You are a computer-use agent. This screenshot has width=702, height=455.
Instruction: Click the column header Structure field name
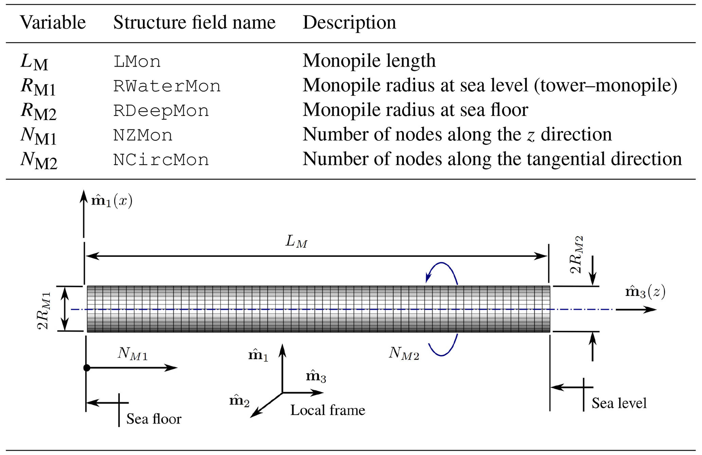(194, 23)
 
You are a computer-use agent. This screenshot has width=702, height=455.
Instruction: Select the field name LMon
(137, 62)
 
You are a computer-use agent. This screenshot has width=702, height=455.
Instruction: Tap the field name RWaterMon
(167, 86)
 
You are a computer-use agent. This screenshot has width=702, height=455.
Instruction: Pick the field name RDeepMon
(161, 111)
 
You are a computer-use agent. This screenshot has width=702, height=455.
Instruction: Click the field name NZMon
(143, 135)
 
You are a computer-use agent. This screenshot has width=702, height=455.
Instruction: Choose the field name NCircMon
(161, 160)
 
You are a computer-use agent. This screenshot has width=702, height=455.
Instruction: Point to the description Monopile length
(369, 61)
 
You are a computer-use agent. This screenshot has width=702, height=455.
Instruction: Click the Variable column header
(53, 23)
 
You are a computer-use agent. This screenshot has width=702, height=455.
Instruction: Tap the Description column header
(349, 23)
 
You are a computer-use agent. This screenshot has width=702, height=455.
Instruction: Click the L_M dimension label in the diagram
(296, 242)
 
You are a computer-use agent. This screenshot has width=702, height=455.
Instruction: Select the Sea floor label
(154, 419)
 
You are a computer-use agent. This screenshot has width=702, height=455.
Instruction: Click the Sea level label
(619, 403)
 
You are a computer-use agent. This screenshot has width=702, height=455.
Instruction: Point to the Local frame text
(327, 410)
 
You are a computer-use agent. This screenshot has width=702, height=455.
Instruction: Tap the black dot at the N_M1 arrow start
(87, 368)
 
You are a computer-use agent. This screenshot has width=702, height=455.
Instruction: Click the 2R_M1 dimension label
(44, 311)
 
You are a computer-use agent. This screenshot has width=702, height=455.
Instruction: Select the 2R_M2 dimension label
(576, 254)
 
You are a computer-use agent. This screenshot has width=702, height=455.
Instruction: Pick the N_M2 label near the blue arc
(404, 354)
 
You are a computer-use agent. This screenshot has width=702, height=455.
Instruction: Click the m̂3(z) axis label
(645, 292)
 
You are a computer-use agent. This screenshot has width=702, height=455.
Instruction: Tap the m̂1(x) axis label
(112, 201)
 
